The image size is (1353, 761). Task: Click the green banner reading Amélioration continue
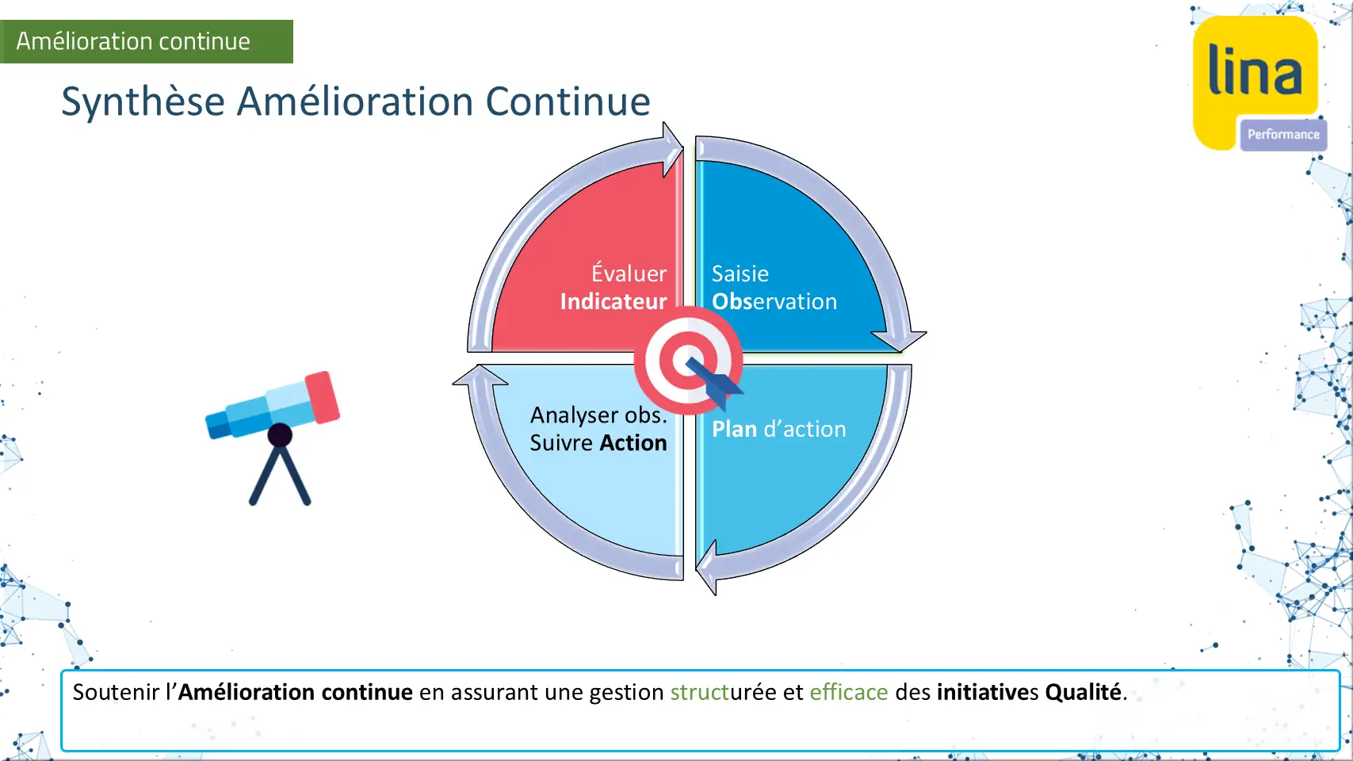click(146, 42)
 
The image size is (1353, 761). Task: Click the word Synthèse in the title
click(143, 101)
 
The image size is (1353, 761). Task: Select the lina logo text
click(1255, 70)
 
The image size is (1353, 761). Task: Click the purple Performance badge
click(1283, 135)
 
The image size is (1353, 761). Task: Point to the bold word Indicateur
click(613, 301)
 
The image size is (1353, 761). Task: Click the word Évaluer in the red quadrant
click(629, 273)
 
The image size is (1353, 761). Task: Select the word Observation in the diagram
click(774, 301)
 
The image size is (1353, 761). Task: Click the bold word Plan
click(734, 429)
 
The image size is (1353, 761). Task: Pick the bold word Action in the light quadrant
click(633, 442)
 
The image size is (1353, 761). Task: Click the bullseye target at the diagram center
click(688, 361)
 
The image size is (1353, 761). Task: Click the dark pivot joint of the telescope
click(280, 435)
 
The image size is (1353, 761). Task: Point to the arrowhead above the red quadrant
click(671, 149)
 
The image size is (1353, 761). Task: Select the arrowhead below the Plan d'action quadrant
click(707, 568)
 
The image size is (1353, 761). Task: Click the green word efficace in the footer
click(849, 692)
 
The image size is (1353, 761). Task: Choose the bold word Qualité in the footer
click(1083, 692)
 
